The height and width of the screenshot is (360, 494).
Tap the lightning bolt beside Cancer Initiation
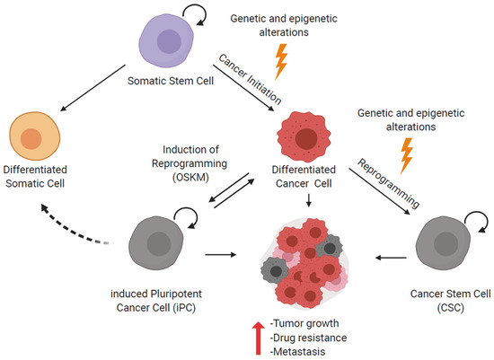coord(280,62)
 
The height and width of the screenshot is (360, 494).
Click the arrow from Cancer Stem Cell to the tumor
coord(388,258)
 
